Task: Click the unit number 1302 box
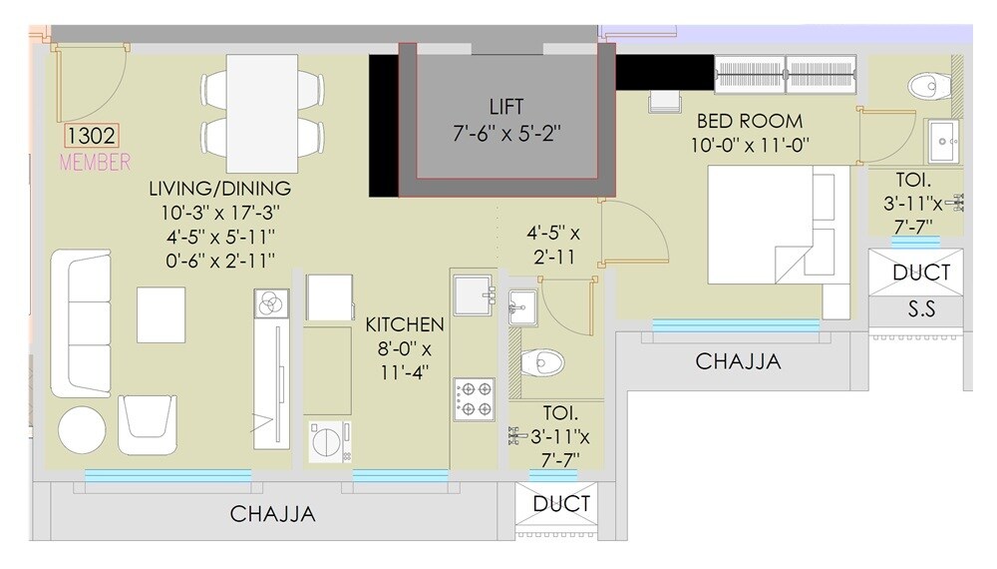point(93,137)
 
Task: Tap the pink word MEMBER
point(96,162)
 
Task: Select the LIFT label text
point(506,106)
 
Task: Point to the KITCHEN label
point(404,325)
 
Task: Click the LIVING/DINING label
point(219,188)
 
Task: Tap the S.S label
point(922,309)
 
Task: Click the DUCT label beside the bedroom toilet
point(921,272)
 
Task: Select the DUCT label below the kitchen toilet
point(561,504)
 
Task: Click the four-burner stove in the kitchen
point(473,397)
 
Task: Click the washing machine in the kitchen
point(329,440)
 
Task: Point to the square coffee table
point(161,314)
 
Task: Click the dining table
point(262,112)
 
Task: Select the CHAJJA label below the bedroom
point(738,361)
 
